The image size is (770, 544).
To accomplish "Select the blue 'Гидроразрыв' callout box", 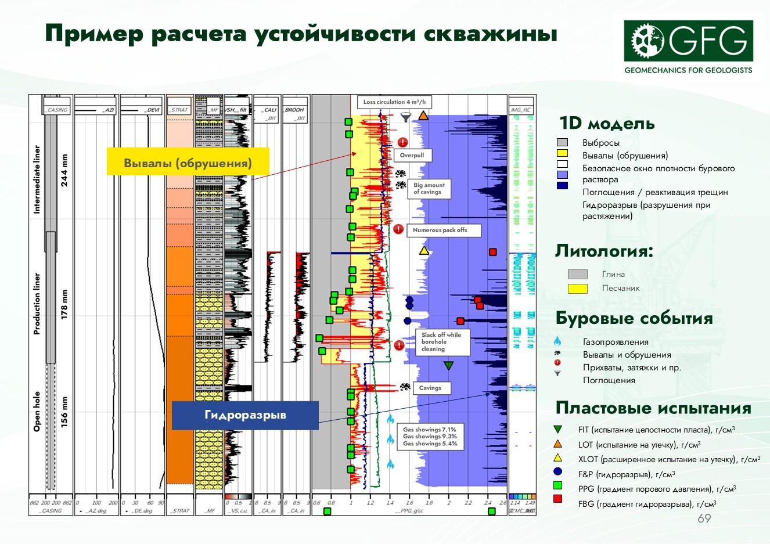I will tap(245, 415).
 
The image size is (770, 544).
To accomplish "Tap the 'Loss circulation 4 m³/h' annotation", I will tap(394, 102).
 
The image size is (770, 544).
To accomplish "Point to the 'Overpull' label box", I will tap(412, 156).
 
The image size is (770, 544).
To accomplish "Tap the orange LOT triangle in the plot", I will tap(423, 116).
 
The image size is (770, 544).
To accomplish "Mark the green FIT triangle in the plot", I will tap(448, 366).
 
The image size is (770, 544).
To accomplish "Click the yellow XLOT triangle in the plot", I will tap(424, 251).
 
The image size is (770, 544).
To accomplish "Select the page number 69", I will tap(704, 518).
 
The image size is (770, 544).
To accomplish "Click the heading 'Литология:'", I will tap(604, 251).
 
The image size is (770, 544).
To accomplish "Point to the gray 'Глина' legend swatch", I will tap(577, 274).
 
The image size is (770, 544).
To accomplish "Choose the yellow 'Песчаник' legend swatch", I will tap(577, 288).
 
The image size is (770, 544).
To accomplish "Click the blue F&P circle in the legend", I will tap(558, 472).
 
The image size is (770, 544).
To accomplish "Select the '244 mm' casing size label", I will tap(64, 170).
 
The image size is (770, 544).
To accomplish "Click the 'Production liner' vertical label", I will tap(37, 303).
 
